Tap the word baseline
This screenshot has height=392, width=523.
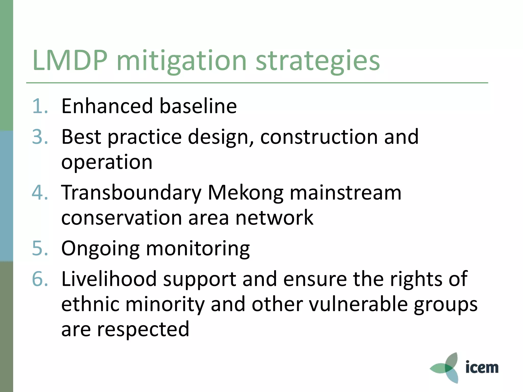(198, 106)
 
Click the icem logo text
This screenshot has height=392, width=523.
(482, 367)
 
